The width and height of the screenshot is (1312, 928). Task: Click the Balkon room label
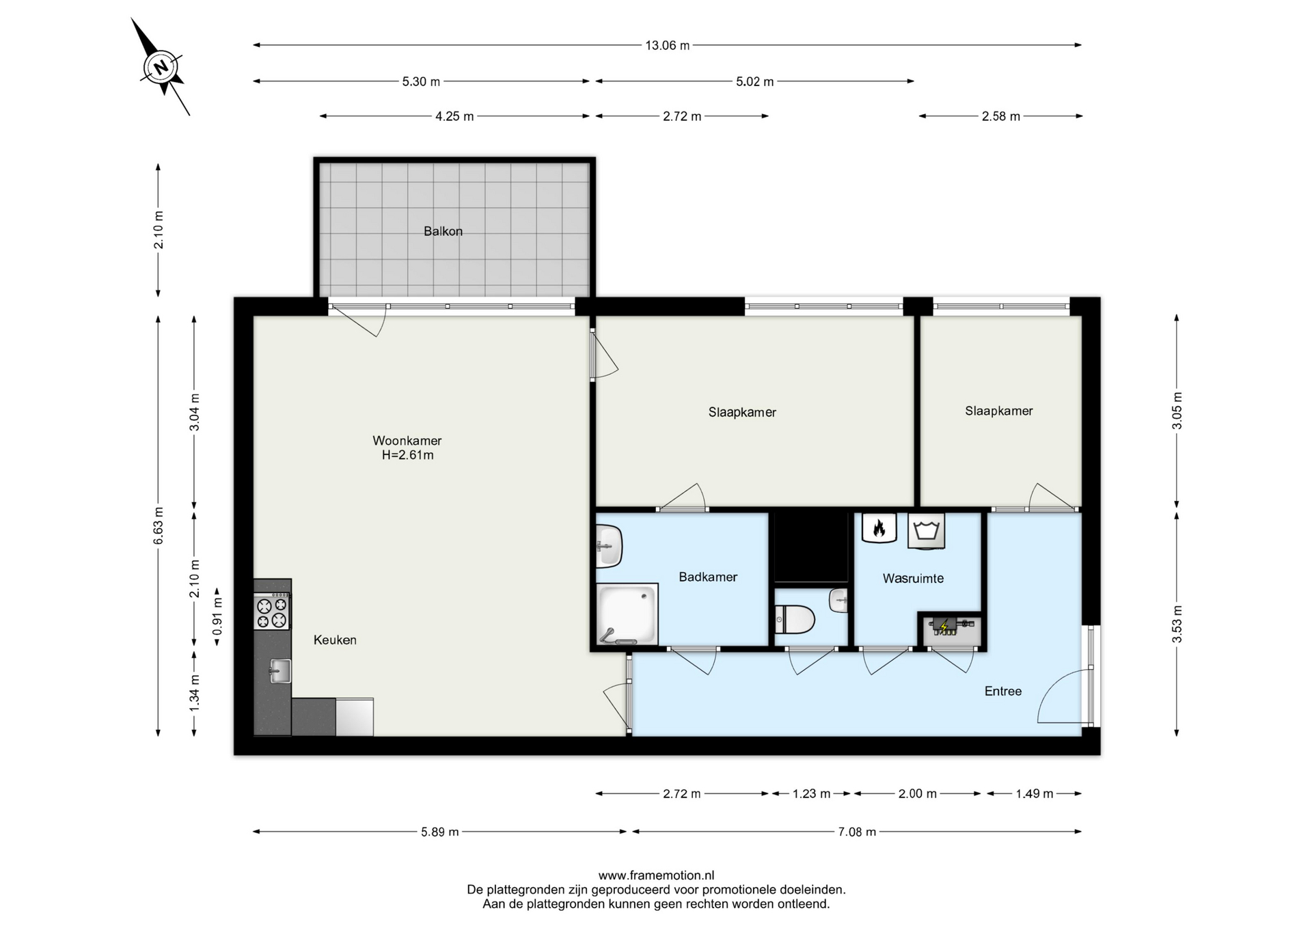click(x=443, y=232)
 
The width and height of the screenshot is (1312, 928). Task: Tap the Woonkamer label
click(x=407, y=441)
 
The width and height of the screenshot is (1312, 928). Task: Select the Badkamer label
click(x=708, y=577)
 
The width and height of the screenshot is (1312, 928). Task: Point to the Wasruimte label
click(x=913, y=579)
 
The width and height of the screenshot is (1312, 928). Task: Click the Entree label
click(x=1003, y=692)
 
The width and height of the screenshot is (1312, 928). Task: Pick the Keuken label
click(x=335, y=640)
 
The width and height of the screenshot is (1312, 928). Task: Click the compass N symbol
click(x=161, y=67)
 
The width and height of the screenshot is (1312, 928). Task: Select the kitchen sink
click(x=279, y=671)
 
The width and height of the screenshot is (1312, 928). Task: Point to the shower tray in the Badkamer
click(x=627, y=614)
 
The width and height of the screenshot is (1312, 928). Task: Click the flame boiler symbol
click(x=879, y=528)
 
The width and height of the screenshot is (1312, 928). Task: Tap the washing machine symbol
click(x=926, y=531)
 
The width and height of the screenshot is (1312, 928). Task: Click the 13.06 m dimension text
click(x=668, y=46)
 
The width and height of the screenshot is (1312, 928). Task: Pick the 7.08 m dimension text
click(x=857, y=832)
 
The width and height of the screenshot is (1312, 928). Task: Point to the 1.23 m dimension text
click(x=811, y=794)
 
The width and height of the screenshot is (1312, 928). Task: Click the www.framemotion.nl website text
click(x=656, y=875)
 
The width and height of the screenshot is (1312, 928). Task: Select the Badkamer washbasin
click(x=609, y=546)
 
